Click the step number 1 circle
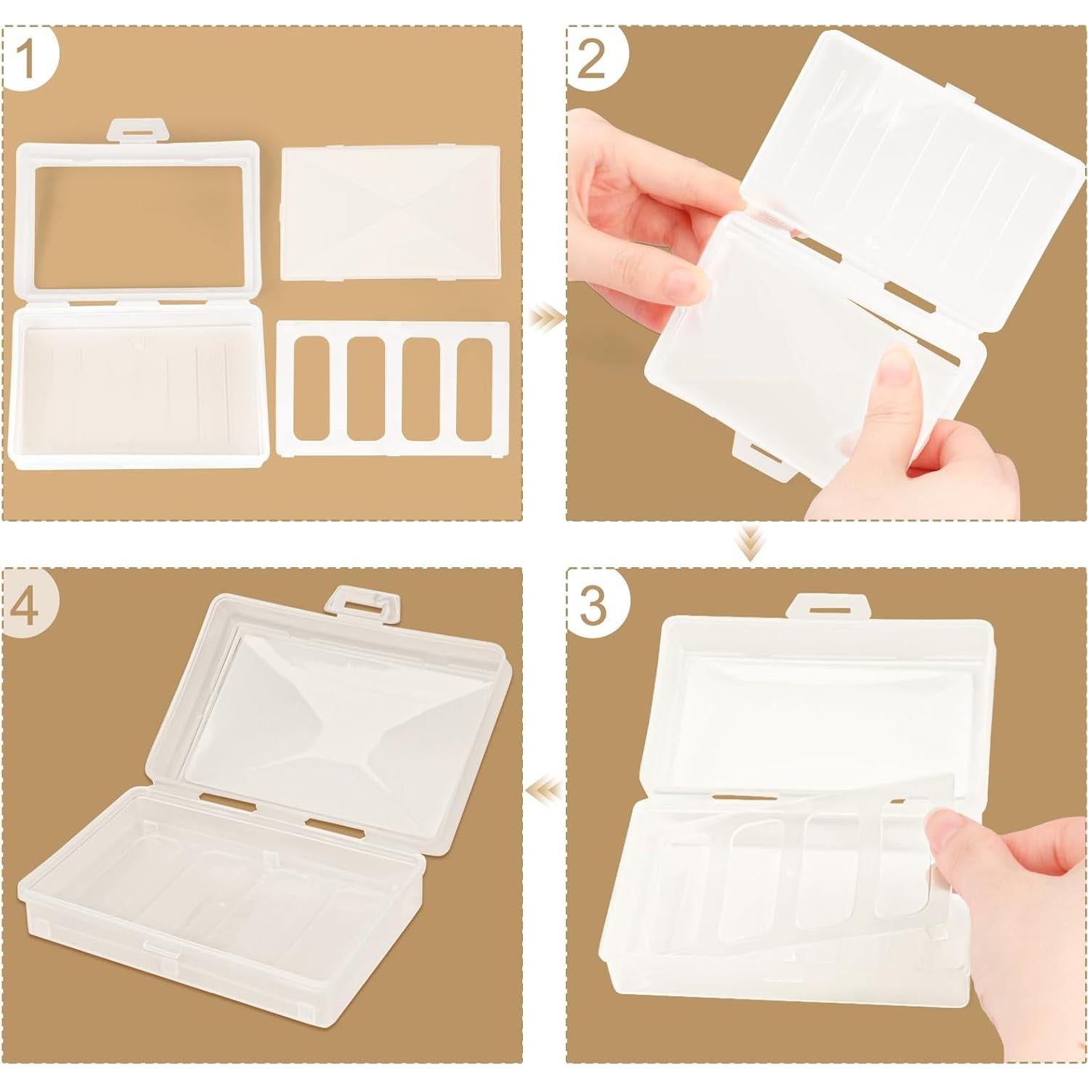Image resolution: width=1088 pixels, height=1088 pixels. point(29,58)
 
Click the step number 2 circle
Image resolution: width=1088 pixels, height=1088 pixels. point(592,58)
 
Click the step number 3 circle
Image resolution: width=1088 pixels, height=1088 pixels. point(592,604)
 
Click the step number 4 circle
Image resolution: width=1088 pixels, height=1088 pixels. point(29,604)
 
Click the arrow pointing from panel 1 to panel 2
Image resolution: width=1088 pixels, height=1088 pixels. point(545,317)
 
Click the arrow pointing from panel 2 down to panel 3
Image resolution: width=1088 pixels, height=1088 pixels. point(747,543)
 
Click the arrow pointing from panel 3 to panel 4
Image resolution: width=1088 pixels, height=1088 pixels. point(545,787)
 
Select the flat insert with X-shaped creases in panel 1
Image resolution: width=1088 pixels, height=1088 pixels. point(391,212)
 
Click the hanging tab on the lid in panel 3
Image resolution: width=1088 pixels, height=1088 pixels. point(829,604)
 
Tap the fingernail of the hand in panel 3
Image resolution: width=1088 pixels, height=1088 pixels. point(944,830)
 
